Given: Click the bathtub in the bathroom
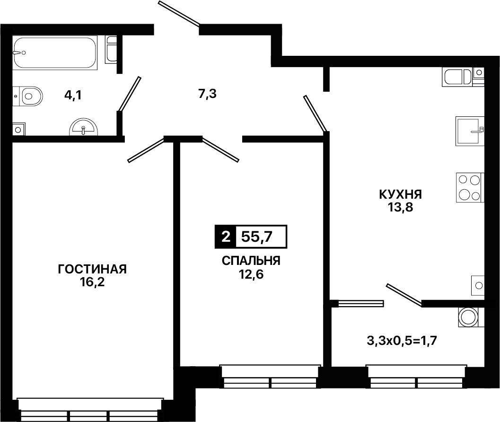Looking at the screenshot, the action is tap(55, 53).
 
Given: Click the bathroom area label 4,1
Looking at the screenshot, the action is tap(73, 95).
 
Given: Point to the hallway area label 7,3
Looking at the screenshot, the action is tap(207, 94).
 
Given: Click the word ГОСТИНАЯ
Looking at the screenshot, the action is tap(92, 269).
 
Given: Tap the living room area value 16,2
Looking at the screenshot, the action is tap(92, 282).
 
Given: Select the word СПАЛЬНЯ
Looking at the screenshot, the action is tap(251, 261).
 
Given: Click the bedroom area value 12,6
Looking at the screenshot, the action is tap(251, 274).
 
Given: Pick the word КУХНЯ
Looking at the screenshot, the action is tap(401, 194).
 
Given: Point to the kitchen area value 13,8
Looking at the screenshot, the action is tap(401, 207).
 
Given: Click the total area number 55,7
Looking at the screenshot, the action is tap(257, 237).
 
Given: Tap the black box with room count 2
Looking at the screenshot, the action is tap(226, 237).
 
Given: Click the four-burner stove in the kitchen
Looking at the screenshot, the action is tap(470, 187).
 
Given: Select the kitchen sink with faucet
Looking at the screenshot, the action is tap(470, 131).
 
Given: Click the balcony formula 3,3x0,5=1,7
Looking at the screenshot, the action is tap(402, 341).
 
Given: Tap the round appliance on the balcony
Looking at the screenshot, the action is tap(471, 317).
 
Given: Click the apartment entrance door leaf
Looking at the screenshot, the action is tap(179, 13).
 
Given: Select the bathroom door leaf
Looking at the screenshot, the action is tap(130, 94).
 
